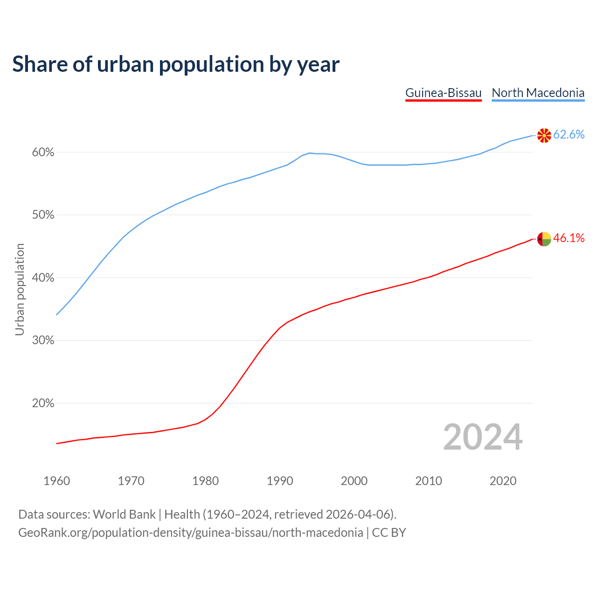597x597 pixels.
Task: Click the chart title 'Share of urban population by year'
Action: pos(176,64)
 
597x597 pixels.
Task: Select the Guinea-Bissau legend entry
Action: pos(443,93)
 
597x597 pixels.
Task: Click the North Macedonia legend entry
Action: pos(538,93)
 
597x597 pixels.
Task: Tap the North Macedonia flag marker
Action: pos(544,135)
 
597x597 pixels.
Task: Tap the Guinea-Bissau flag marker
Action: pos(544,239)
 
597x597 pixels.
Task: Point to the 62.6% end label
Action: pos(569,135)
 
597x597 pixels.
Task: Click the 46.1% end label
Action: pos(569,238)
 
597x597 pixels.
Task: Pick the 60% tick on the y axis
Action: pos(43,153)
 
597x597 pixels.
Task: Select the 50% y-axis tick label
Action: pos(43,215)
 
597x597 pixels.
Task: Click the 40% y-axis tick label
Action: pos(43,278)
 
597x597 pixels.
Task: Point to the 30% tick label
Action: pos(43,340)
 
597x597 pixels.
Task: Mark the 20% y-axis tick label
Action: pos(43,403)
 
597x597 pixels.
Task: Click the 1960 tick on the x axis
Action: pos(57,481)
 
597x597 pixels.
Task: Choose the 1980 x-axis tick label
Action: pos(206,481)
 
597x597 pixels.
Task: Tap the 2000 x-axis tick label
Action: pos(354,481)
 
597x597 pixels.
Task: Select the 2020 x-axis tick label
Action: pos(503,481)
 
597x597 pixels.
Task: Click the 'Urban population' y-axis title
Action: pos(20,289)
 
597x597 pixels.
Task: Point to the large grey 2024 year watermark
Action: pos(483,437)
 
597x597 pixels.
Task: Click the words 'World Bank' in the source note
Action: pos(124,514)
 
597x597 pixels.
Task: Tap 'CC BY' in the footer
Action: pos(389,533)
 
